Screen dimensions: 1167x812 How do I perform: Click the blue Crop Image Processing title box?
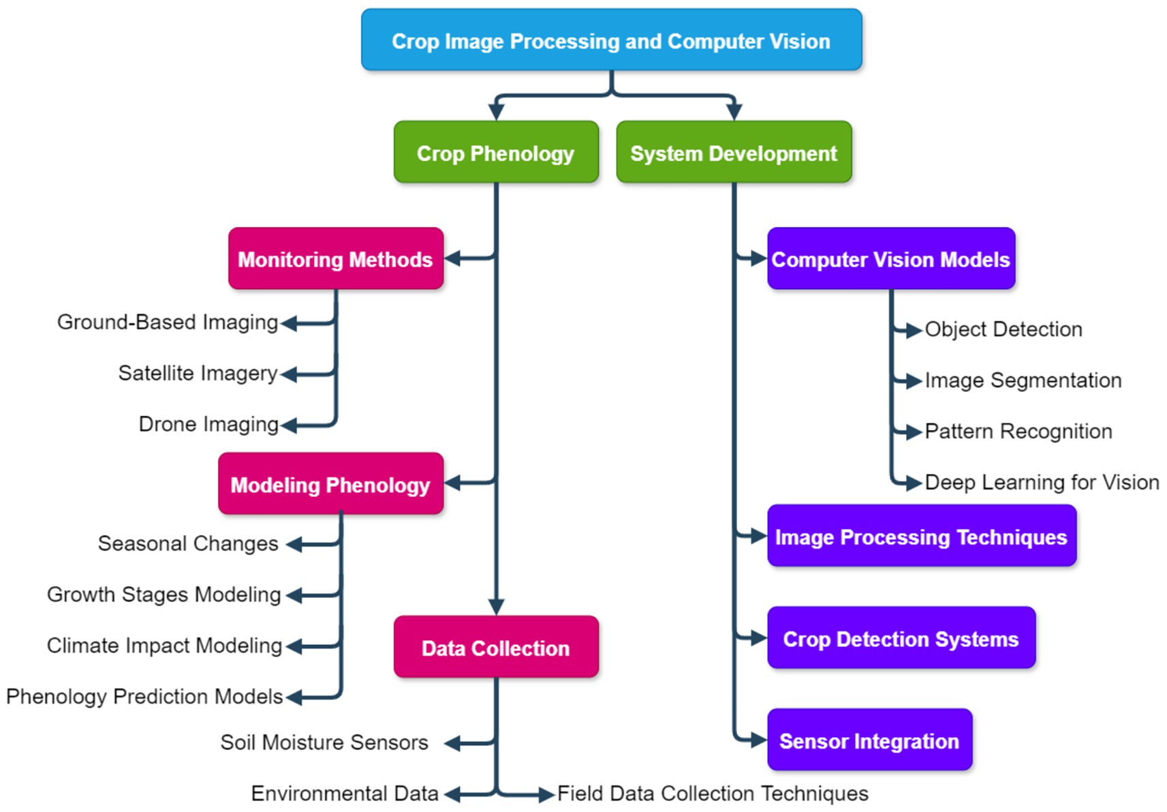pyautogui.click(x=612, y=40)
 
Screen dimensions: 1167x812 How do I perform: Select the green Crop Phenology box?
pyautogui.click(x=496, y=152)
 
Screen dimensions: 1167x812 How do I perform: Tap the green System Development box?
pyautogui.click(x=734, y=152)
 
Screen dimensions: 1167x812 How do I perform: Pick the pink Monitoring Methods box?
pyautogui.click(x=336, y=258)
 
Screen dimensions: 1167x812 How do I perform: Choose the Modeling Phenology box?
pyautogui.click(x=331, y=483)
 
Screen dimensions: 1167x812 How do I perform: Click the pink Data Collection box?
pyautogui.click(x=496, y=647)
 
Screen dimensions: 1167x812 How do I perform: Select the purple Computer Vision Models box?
pyautogui.click(x=891, y=258)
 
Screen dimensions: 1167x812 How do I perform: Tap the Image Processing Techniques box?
pyautogui.click(x=922, y=535)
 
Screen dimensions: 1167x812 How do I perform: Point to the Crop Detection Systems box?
pyautogui.click(x=902, y=637)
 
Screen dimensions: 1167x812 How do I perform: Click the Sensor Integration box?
pyautogui.click(x=870, y=740)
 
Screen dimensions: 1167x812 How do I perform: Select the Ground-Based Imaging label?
pyautogui.click(x=168, y=322)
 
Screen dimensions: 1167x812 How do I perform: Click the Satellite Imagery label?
pyautogui.click(x=198, y=374)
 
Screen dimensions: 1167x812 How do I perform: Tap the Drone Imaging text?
pyautogui.click(x=208, y=425)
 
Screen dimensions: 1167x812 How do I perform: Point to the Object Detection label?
pyautogui.click(x=1003, y=329)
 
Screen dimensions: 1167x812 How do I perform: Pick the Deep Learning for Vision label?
pyautogui.click(x=1042, y=483)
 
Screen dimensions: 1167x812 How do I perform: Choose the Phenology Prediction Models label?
pyautogui.click(x=144, y=697)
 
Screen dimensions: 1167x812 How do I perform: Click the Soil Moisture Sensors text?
pyautogui.click(x=324, y=742)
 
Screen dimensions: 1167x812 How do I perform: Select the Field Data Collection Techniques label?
pyautogui.click(x=713, y=793)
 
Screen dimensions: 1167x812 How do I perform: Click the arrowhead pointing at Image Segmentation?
pyautogui.click(x=914, y=380)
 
